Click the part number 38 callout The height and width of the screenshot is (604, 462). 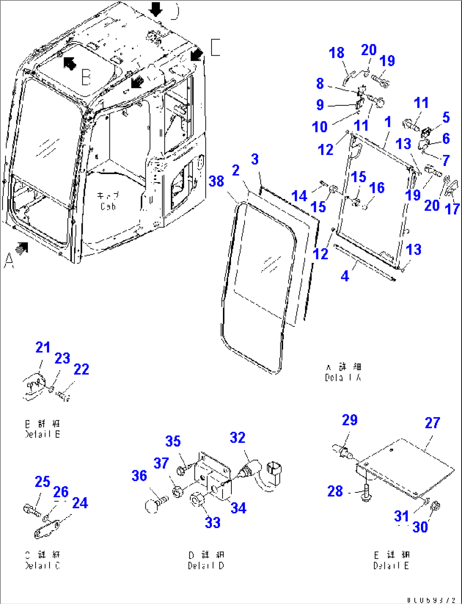click(x=217, y=181)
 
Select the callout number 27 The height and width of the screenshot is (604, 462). click(x=432, y=423)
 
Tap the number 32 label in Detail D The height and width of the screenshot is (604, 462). click(x=238, y=438)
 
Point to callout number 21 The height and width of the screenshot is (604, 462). click(x=43, y=348)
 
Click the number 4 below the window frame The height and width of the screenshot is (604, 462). click(x=345, y=276)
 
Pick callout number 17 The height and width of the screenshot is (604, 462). click(x=453, y=208)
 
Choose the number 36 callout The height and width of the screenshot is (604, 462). click(x=139, y=476)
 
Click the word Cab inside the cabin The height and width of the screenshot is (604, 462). click(x=108, y=206)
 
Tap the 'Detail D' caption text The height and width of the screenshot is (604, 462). click(x=206, y=565)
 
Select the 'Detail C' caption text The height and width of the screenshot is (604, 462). click(x=42, y=565)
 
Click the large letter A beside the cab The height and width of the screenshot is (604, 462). click(x=8, y=260)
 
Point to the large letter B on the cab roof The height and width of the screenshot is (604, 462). click(x=86, y=77)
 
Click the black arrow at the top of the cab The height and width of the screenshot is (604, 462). click(x=156, y=8)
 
